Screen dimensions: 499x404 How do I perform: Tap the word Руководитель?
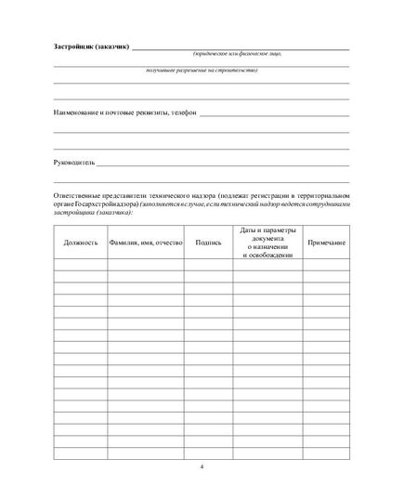(74, 162)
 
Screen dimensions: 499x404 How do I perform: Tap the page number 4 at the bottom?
(202, 466)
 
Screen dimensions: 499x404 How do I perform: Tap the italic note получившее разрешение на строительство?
(202, 71)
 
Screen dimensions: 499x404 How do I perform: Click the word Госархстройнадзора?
(102, 204)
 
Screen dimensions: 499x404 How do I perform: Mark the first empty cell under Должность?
(80, 264)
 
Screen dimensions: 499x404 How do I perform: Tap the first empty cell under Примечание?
(326, 264)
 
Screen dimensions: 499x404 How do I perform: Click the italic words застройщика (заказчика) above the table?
(93, 213)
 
